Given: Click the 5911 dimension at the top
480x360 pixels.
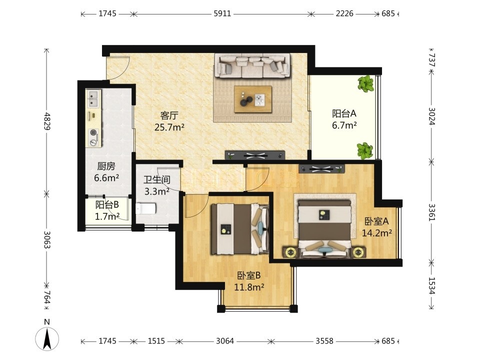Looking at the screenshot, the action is (x=222, y=14).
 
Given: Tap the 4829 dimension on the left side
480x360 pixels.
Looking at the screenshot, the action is (x=47, y=121).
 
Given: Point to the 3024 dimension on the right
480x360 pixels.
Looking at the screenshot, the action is (x=431, y=116).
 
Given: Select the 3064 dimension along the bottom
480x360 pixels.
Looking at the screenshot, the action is (x=225, y=340).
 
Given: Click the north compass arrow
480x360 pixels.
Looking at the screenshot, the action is (x=47, y=339).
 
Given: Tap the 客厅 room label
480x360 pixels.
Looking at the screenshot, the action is (x=169, y=115).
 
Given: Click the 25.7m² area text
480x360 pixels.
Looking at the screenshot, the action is (x=169, y=127).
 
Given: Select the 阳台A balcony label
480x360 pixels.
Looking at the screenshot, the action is (x=344, y=113).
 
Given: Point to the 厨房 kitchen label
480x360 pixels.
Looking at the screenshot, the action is (x=106, y=166).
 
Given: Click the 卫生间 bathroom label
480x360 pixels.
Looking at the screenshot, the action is (x=157, y=179).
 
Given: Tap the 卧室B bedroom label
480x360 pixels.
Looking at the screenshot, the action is (x=249, y=275).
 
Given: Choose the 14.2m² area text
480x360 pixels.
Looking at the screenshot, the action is (x=377, y=233).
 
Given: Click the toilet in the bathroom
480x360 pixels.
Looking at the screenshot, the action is (x=145, y=208).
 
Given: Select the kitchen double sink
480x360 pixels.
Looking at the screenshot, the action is (x=93, y=98).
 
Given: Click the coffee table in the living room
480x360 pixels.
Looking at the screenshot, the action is (x=253, y=99).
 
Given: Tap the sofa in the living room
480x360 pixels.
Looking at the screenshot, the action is (x=252, y=66).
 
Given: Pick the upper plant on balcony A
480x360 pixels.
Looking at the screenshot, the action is (x=366, y=83).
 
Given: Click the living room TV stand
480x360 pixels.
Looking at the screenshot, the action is (x=255, y=155).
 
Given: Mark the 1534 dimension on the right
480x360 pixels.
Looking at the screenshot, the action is (x=431, y=285).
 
